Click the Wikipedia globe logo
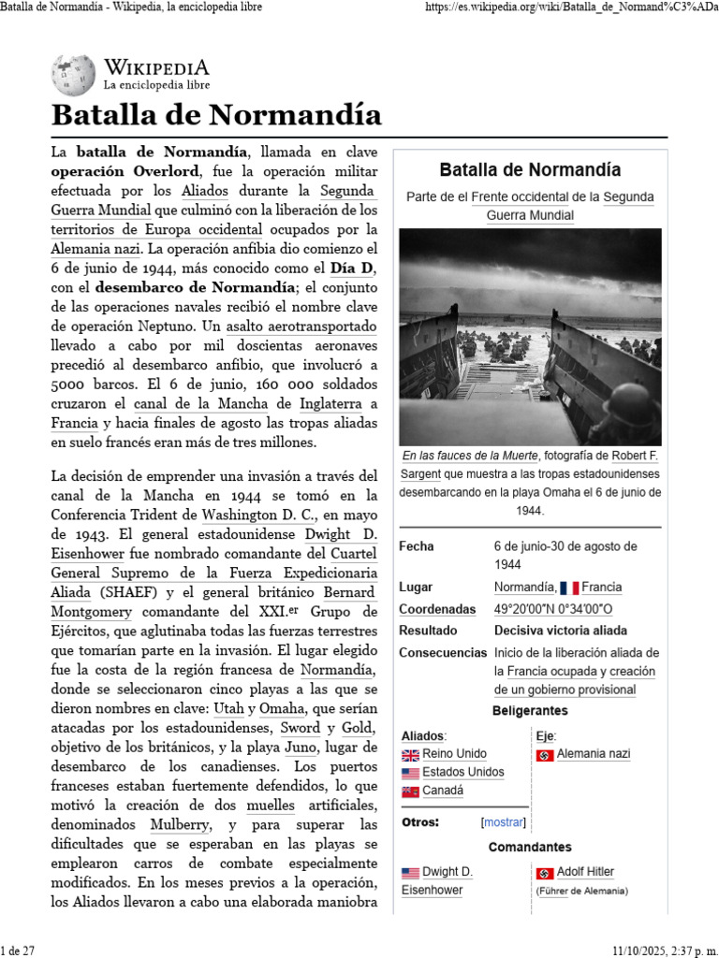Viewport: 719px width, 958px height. [x=73, y=75]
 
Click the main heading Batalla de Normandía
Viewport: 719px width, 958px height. [x=216, y=115]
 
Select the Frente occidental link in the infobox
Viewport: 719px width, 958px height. [x=519, y=197]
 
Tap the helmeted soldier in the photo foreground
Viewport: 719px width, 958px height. [x=622, y=413]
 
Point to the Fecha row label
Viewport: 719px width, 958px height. [x=417, y=546]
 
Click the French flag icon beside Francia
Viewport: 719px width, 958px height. [x=569, y=588]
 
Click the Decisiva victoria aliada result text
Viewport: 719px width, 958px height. [x=560, y=631]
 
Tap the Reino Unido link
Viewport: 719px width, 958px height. [x=454, y=754]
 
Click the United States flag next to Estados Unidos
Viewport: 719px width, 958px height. [x=410, y=773]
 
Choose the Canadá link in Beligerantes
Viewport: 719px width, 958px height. [x=443, y=791]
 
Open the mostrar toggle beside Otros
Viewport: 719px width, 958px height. [x=504, y=822]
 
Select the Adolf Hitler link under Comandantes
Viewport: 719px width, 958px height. [x=585, y=872]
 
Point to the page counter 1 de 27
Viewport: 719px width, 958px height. [x=18, y=950]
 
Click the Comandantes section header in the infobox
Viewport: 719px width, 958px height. [x=529, y=847]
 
